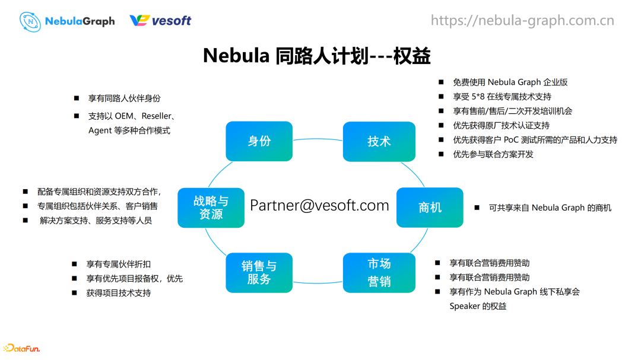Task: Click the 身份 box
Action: pyautogui.click(x=259, y=141)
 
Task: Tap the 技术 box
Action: pyautogui.click(x=379, y=141)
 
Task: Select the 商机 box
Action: pyautogui.click(x=430, y=208)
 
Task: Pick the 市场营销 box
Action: pyautogui.click(x=379, y=272)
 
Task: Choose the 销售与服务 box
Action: pyautogui.click(x=259, y=272)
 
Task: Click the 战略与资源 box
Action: pyautogui.click(x=211, y=208)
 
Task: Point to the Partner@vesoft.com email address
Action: pyautogui.click(x=319, y=205)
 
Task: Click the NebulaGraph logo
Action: pyautogui.click(x=67, y=21)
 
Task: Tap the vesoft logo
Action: pyautogui.click(x=160, y=21)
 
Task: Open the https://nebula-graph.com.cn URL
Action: pyautogui.click(x=522, y=21)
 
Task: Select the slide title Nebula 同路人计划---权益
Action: pyautogui.click(x=316, y=56)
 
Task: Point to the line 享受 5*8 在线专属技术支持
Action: pyautogui.click(x=502, y=96)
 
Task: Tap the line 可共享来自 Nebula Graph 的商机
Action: pyautogui.click(x=550, y=208)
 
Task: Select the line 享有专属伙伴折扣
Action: pyautogui.click(x=119, y=264)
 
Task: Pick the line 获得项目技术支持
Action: pyautogui.click(x=119, y=292)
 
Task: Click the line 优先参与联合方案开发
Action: pyautogui.click(x=493, y=154)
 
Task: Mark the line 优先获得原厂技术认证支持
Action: pyautogui.click(x=501, y=125)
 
